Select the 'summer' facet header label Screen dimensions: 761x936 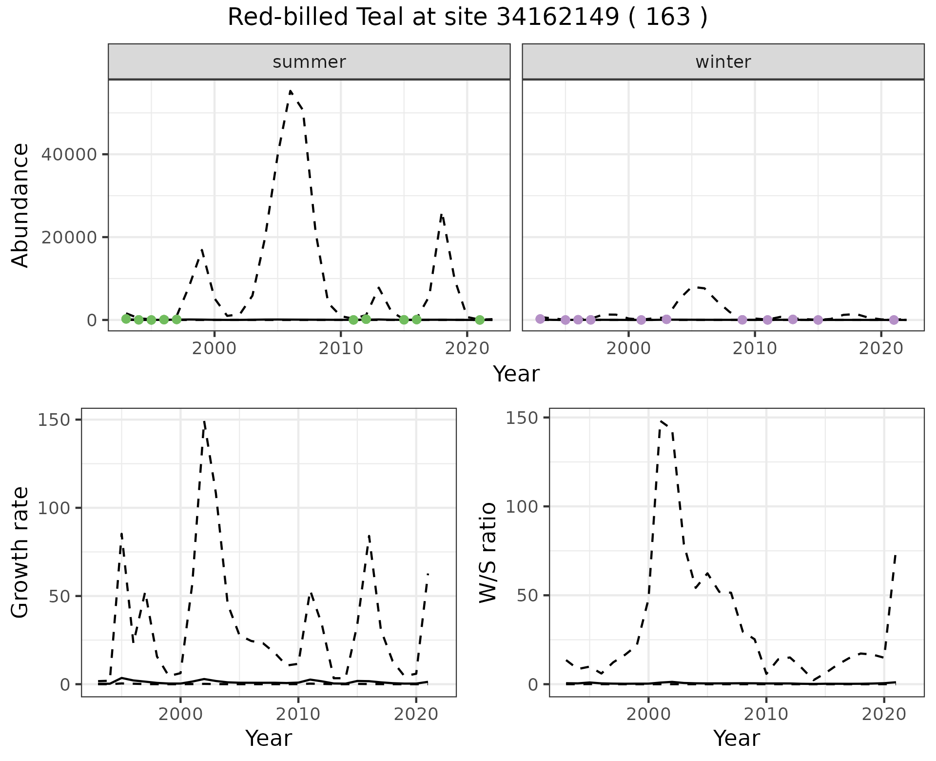pos(309,62)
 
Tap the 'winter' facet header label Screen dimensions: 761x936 pos(723,62)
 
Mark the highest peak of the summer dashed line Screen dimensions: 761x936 pos(291,91)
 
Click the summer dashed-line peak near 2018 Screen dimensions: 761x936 pos(441,214)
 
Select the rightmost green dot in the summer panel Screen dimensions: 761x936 pos(480,320)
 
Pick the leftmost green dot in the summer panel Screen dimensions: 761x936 pos(126,319)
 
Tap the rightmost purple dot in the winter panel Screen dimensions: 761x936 pos(894,320)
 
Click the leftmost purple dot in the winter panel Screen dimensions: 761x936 pos(540,319)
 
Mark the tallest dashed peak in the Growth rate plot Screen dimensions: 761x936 pos(204,421)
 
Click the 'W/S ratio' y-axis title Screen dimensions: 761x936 pos(488,553)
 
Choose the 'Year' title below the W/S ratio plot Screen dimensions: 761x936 pos(736,738)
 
